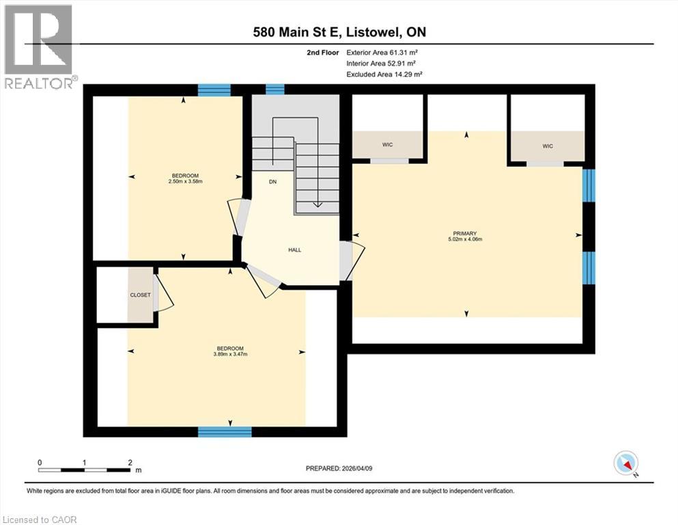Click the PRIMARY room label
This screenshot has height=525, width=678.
(465, 233)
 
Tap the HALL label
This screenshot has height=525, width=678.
(295, 250)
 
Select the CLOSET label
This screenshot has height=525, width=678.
(141, 295)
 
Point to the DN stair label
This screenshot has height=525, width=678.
(273, 182)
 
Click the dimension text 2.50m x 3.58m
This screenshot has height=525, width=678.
(186, 181)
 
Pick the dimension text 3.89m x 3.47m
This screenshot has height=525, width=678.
(231, 354)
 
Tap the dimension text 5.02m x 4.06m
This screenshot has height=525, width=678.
(465, 239)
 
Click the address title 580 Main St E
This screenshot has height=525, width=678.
(298, 32)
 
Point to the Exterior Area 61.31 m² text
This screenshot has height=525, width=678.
(382, 53)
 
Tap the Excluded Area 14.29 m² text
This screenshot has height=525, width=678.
(384, 74)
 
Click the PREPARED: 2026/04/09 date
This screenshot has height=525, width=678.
(339, 468)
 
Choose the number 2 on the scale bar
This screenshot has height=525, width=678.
(130, 463)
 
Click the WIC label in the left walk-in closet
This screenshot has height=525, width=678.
(387, 144)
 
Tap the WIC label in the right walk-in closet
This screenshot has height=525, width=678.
(548, 146)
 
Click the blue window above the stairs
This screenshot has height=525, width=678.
(275, 89)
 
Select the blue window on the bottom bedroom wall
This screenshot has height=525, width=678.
(225, 431)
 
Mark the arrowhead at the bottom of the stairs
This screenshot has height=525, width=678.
(317, 205)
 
